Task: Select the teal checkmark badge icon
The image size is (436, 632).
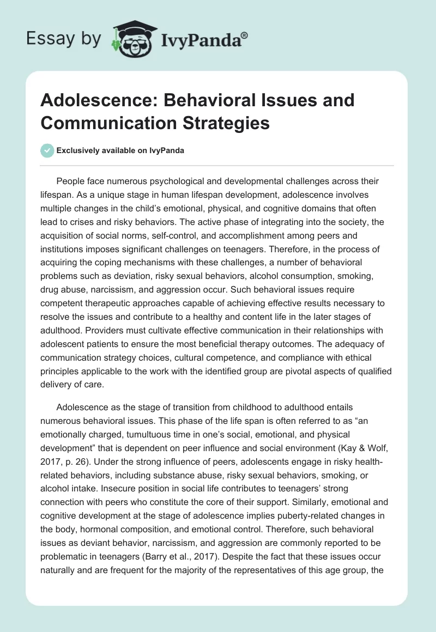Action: (x=47, y=150)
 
